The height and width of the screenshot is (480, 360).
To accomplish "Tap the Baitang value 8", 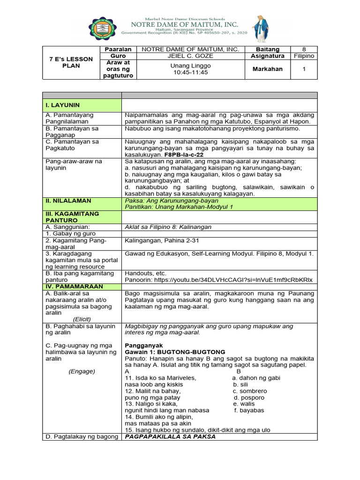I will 304,49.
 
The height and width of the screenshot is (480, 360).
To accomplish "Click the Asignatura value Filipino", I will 304,56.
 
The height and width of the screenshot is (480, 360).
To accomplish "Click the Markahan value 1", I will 304,69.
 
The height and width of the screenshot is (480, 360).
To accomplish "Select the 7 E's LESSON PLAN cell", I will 71,62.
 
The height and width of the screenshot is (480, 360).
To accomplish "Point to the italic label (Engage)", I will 82,371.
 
